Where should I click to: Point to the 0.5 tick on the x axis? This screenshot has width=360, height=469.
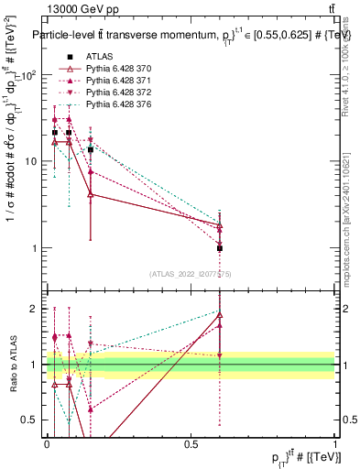[191, 444]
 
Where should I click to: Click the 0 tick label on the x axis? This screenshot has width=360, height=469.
[47, 444]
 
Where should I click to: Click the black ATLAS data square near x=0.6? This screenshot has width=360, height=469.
[220, 248]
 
